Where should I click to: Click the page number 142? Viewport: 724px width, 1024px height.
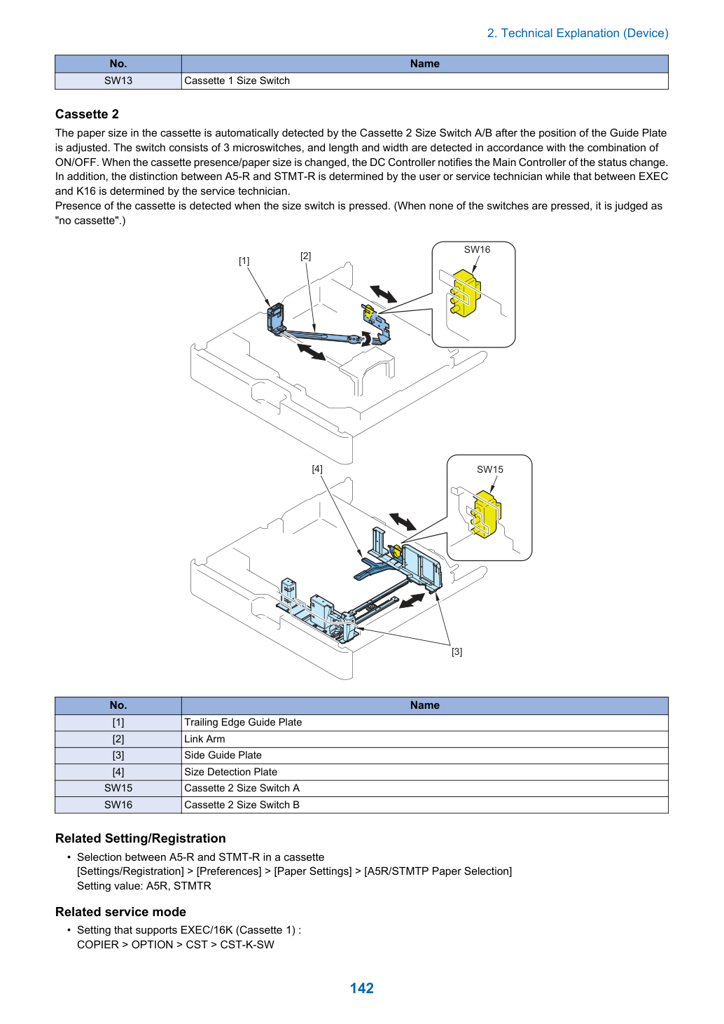[361, 988]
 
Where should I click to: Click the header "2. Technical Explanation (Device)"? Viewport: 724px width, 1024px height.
[578, 33]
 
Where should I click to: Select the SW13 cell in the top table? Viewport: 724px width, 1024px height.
[118, 81]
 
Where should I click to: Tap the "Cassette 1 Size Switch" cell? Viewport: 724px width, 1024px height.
[424, 81]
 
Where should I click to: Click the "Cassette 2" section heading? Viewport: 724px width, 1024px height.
[87, 114]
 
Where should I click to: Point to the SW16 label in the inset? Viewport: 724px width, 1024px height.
[477, 249]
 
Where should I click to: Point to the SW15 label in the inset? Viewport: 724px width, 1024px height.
[489, 469]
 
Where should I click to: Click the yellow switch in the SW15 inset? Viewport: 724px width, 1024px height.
[487, 514]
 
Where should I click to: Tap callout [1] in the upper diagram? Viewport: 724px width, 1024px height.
[244, 261]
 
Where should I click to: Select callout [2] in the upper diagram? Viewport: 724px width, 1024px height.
[306, 256]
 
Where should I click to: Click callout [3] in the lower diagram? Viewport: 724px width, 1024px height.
[457, 652]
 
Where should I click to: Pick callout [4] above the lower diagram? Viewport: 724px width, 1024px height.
[317, 469]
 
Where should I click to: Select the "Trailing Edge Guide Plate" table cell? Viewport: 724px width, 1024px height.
[424, 722]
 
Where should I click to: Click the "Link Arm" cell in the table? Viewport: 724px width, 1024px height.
[424, 739]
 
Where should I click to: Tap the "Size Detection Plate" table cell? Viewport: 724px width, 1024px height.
[424, 772]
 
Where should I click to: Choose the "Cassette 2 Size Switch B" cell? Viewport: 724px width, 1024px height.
[424, 805]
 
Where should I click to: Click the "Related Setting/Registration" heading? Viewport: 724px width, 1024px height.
[140, 838]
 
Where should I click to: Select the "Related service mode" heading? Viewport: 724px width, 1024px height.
[120, 911]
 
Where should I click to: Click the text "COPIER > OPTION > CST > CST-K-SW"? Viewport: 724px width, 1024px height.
[176, 944]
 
